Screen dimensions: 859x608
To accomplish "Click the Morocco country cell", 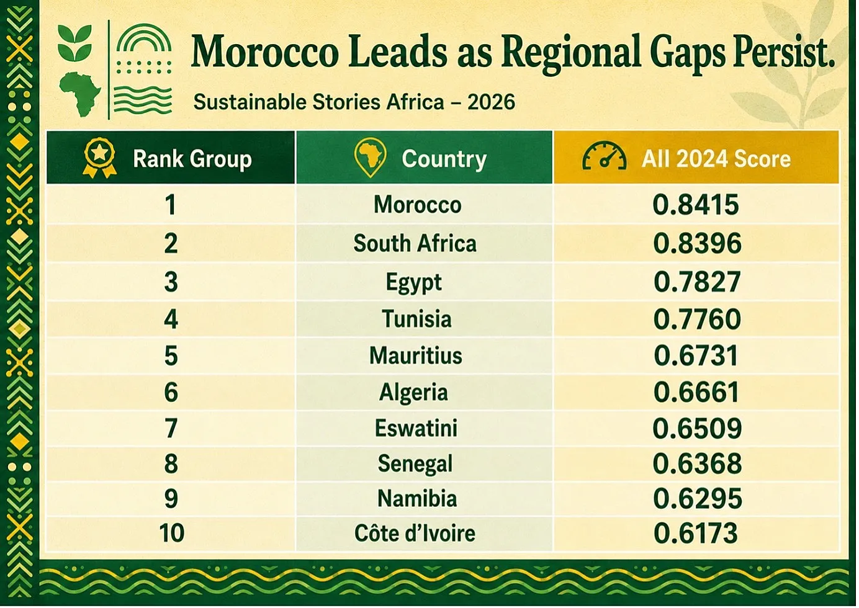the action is click(418, 205).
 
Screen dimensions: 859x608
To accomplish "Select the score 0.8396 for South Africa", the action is click(697, 243).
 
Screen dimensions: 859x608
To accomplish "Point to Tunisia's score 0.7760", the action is click(697, 319).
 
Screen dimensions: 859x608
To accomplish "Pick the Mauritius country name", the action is click(416, 355).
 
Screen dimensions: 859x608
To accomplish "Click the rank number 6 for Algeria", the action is click(171, 392).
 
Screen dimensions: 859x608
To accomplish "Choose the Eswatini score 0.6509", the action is click(697, 428).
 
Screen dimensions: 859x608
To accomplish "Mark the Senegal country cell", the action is click(415, 464).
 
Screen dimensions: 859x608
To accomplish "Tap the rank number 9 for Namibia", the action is click(171, 499).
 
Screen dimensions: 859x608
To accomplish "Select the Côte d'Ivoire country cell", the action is click(415, 534).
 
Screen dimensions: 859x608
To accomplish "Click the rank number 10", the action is click(171, 533).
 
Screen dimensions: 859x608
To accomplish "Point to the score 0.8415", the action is click(696, 205).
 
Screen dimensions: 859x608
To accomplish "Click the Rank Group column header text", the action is click(192, 159).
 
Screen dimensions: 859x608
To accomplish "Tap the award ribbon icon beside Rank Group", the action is click(100, 158).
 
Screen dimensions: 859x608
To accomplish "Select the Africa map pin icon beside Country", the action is click(370, 157).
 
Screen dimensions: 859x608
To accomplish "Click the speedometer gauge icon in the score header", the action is click(605, 156).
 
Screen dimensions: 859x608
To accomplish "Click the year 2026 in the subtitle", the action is click(491, 102).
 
